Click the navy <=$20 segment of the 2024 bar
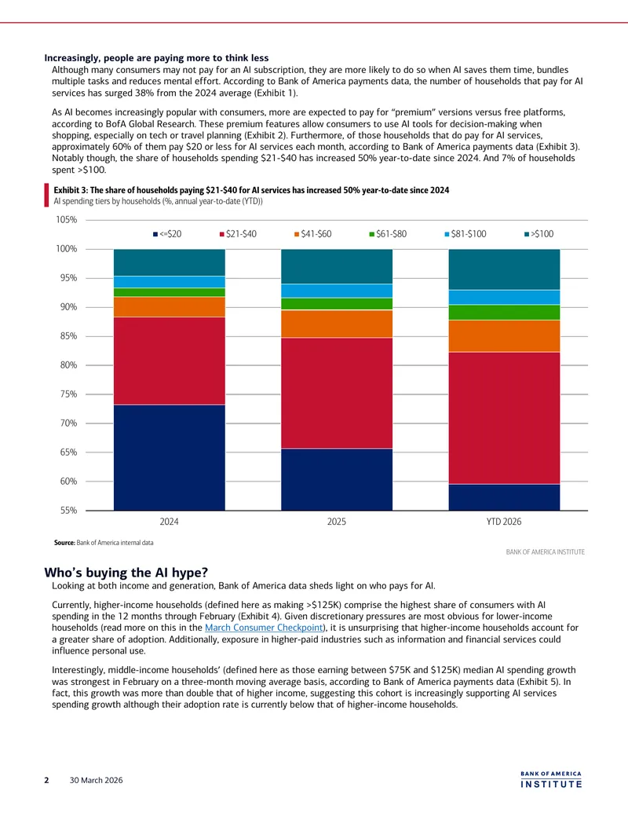[170, 457]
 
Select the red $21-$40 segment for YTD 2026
[504, 418]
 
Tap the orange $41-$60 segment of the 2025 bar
[337, 324]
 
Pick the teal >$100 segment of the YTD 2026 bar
[504, 269]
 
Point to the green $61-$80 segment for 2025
[337, 304]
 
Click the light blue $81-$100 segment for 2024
[170, 281]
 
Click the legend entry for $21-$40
[238, 234]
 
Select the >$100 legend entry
[539, 234]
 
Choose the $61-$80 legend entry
[388, 234]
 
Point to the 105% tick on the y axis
[66, 220]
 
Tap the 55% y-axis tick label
[68, 511]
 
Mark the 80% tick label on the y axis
[68, 365]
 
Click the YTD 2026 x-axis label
[504, 522]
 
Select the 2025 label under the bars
[337, 522]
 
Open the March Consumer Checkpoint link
[264, 628]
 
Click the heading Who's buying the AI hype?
[126, 573]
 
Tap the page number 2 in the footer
[46, 780]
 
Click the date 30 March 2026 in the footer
[97, 780]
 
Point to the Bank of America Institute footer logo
[551, 780]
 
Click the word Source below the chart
[64, 543]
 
